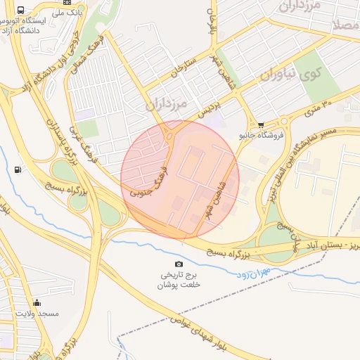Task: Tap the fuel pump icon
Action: [x=17, y=169]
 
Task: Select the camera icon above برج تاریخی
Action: [x=179, y=263]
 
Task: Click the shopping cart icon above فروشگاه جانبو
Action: [x=261, y=124]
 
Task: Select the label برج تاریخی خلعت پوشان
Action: [x=179, y=279]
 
